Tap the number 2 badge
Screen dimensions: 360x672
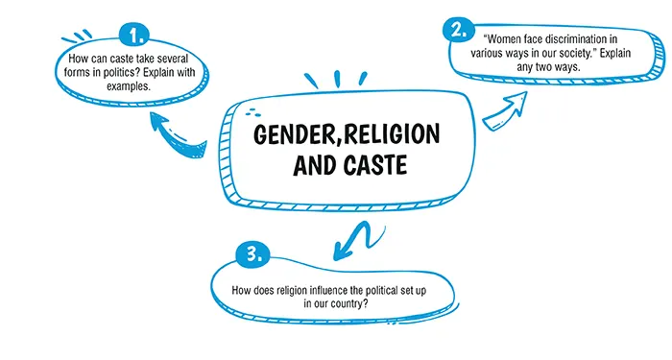pyautogui.click(x=460, y=30)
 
